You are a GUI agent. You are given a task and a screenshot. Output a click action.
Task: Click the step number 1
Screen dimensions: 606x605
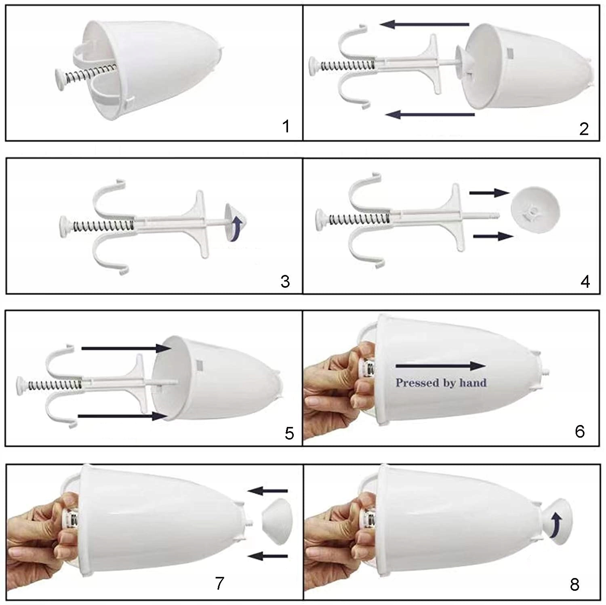click(x=286, y=126)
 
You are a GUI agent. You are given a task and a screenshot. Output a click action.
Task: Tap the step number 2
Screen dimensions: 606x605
click(x=584, y=129)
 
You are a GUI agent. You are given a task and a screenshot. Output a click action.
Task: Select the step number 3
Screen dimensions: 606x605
click(x=285, y=281)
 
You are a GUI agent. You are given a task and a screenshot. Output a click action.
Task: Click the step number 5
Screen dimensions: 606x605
click(x=289, y=433)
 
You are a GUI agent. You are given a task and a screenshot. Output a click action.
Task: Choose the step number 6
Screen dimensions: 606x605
click(x=580, y=431)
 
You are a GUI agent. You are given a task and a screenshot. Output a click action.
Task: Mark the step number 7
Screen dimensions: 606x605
click(x=219, y=583)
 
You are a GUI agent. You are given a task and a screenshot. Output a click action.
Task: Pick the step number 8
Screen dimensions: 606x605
click(x=574, y=584)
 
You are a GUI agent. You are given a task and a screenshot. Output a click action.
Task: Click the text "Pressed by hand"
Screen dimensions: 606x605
click(x=441, y=383)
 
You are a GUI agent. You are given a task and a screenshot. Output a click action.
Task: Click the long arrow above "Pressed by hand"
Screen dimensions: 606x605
click(x=441, y=366)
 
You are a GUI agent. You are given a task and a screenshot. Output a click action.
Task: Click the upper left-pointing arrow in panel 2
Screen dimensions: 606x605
click(x=425, y=25)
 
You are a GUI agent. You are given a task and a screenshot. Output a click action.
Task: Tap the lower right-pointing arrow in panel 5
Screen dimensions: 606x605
click(x=122, y=416)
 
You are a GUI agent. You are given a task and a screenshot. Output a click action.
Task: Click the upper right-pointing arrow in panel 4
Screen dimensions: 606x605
click(x=489, y=193)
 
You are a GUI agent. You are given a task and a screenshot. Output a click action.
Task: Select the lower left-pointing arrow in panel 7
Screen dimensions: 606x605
click(x=267, y=557)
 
